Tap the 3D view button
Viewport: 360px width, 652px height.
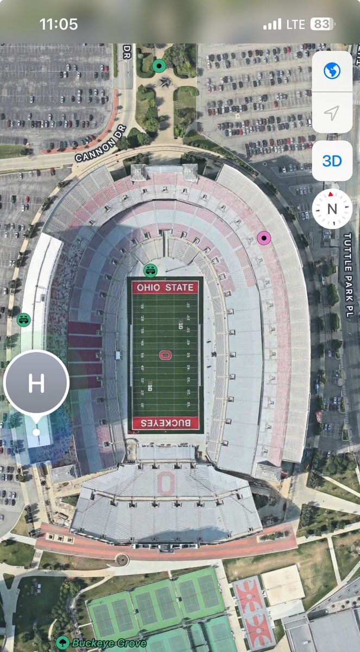pyautogui.click(x=332, y=161)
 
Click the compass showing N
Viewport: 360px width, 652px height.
pyautogui.click(x=332, y=209)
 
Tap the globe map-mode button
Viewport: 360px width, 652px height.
pyautogui.click(x=332, y=71)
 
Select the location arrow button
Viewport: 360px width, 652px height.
pyautogui.click(x=332, y=113)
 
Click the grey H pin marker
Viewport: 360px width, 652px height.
pyautogui.click(x=36, y=383)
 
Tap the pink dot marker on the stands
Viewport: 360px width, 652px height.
pyautogui.click(x=264, y=237)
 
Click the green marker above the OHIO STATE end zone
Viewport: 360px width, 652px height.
pyautogui.click(x=150, y=269)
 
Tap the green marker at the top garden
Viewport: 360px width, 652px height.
pyautogui.click(x=159, y=66)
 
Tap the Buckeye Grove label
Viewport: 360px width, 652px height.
pyautogui.click(x=109, y=643)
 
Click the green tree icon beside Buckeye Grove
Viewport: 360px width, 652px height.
pyautogui.click(x=63, y=643)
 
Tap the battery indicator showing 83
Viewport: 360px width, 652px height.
pyautogui.click(x=323, y=24)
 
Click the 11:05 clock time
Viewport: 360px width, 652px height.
pyautogui.click(x=59, y=24)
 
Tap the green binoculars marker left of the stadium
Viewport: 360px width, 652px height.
pyautogui.click(x=24, y=319)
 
